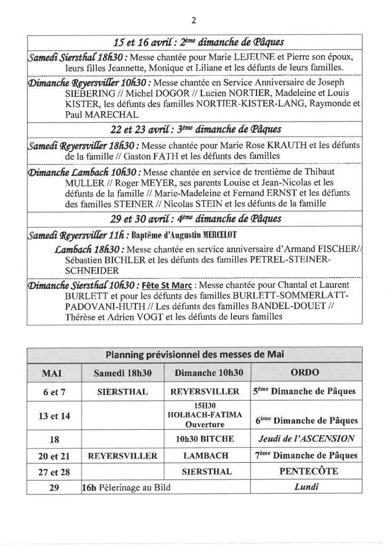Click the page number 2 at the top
[x=193, y=21]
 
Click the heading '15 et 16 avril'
[x=138, y=43]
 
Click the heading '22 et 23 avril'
[x=138, y=129]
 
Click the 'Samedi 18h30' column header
[x=123, y=373]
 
